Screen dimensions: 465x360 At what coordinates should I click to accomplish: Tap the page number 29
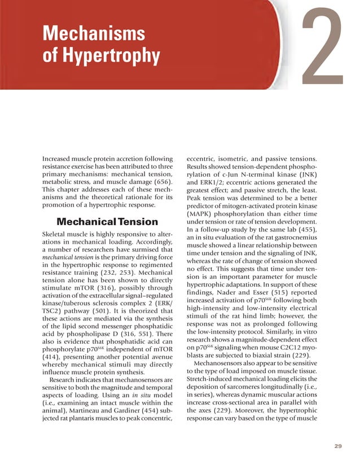pos(338,446)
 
